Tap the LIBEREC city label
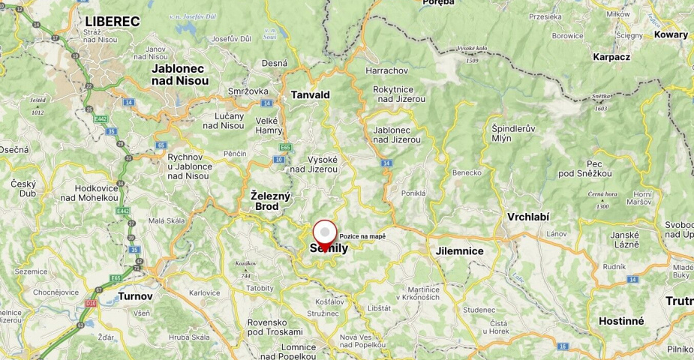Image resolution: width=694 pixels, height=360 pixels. pyautogui.click(x=113, y=21)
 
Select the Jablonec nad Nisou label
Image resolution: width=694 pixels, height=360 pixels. pyautogui.click(x=178, y=74)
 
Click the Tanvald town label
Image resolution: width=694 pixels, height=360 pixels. pyautogui.click(x=311, y=95)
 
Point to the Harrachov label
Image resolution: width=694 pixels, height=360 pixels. pyautogui.click(x=386, y=70)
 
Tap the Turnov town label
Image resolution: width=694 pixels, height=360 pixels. pyautogui.click(x=135, y=296)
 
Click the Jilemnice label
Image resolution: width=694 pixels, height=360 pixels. pyautogui.click(x=459, y=251)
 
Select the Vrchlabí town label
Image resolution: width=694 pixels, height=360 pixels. pyautogui.click(x=528, y=217)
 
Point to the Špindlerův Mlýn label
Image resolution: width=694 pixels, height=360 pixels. pyautogui.click(x=514, y=133)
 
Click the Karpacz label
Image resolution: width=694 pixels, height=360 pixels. pyautogui.click(x=611, y=56)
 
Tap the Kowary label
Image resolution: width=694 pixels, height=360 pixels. pyautogui.click(x=671, y=34)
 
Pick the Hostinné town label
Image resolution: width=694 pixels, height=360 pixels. pyautogui.click(x=621, y=321)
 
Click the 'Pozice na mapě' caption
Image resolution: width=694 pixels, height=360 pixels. pyautogui.click(x=362, y=236)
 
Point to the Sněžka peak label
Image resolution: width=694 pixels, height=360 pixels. pyautogui.click(x=599, y=97)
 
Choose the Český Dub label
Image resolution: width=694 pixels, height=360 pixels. pyautogui.click(x=23, y=189)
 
